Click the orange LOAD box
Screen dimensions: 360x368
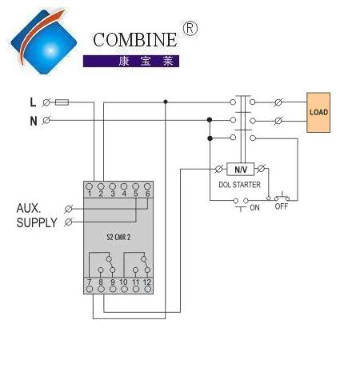[x=318, y=112]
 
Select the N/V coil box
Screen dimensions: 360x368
[x=240, y=169]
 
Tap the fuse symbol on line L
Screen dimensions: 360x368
[x=62, y=102]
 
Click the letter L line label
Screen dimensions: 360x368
[x=33, y=102]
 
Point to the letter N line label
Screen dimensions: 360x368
[x=34, y=121]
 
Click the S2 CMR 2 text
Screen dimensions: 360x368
[x=118, y=237]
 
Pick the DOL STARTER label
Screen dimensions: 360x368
[x=239, y=185]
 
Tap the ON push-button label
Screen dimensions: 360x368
[x=254, y=207]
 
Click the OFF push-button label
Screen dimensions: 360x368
[x=282, y=206]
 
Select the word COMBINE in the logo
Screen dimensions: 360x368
[x=135, y=40]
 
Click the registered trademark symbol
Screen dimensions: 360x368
[x=190, y=28]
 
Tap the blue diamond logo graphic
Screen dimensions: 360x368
[x=43, y=42]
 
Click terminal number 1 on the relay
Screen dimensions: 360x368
[x=90, y=194]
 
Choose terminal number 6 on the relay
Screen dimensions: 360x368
[x=147, y=194]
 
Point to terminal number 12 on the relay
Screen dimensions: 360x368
[x=147, y=282]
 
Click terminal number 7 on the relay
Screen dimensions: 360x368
[x=90, y=282]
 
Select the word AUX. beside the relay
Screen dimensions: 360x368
[x=29, y=208]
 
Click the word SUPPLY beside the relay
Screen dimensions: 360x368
[x=37, y=222]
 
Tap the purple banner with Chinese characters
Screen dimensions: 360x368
[x=131, y=61]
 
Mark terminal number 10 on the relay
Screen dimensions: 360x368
[x=123, y=282]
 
